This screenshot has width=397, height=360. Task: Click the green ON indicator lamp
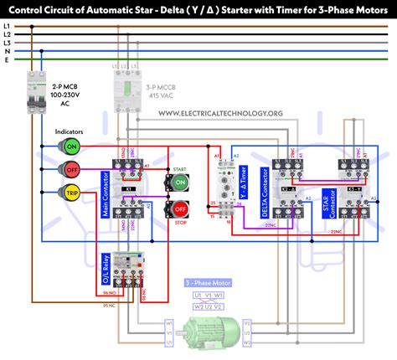[70, 147]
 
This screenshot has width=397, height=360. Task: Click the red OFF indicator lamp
[70, 171]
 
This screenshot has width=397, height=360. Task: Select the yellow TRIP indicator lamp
[70, 194]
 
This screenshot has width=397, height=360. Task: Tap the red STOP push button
[178, 209]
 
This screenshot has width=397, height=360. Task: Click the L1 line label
[8, 26]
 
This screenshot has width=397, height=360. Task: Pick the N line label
[8, 51]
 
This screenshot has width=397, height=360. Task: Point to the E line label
[8, 60]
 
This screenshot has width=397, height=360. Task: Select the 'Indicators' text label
[69, 131]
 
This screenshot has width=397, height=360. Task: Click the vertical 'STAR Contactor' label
[323, 194]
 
